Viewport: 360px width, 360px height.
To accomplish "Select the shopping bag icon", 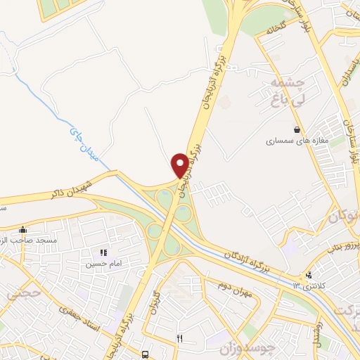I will pos(298,129).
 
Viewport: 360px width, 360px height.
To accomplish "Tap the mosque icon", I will pos(22,229).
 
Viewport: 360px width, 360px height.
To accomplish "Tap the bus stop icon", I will pos(145,354).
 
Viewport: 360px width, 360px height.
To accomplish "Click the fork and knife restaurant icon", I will pos(179,338).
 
